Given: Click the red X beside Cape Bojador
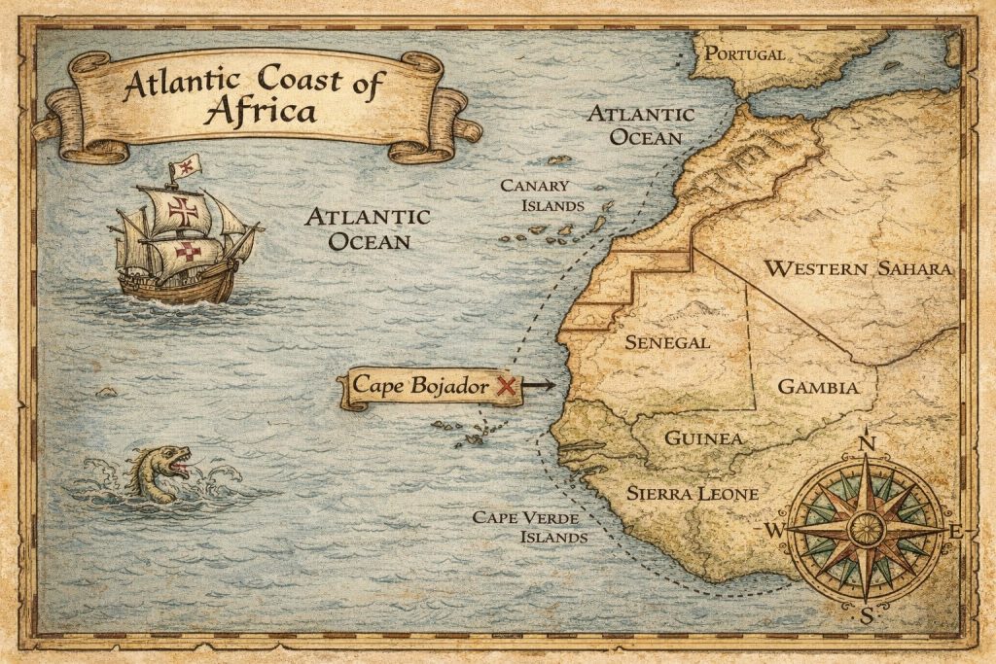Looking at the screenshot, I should pos(505,386).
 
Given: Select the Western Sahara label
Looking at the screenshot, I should pos(857,268).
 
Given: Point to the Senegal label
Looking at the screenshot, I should pos(667,342).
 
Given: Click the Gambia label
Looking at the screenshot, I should pos(818,387).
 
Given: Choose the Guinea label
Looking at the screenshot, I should pos(703,438).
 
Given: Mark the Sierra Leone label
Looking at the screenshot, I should pos(692,493).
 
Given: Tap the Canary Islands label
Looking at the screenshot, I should pos(542,195).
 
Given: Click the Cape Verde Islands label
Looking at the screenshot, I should pos(529,526).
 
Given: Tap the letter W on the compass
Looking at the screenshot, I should pos(775,530).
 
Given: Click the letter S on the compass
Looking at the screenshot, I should pos(867,613).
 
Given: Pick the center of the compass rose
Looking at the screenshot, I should pos(866,530).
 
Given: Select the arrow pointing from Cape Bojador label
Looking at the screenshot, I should pos(538,386).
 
